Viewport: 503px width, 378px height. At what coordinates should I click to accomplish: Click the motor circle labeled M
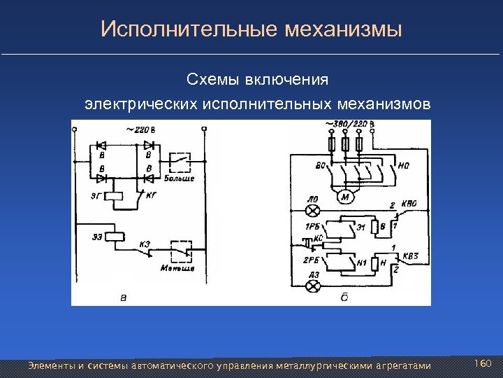345,198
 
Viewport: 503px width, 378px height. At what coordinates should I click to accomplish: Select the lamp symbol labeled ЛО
314,210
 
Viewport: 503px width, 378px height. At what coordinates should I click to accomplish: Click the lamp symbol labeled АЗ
314,286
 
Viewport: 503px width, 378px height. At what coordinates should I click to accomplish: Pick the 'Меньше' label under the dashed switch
177,267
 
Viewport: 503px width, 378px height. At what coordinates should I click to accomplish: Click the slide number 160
483,364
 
